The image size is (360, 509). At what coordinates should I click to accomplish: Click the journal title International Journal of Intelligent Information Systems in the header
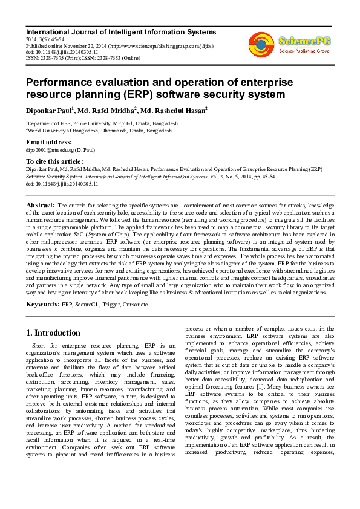[121, 31]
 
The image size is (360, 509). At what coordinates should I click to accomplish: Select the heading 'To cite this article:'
[54, 161]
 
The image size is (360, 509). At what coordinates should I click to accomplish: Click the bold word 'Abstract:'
[41, 206]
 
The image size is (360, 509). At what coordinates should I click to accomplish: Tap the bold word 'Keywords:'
[42, 303]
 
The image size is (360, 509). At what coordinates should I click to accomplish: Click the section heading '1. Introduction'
[54, 332]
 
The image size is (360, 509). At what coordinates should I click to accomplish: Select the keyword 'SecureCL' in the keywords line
[88, 304]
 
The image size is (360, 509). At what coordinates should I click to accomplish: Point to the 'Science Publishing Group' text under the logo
[304, 51]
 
